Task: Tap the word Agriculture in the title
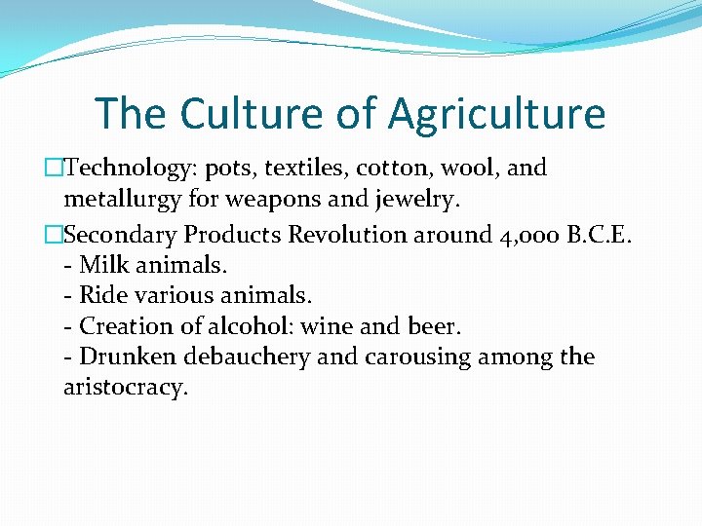(x=497, y=115)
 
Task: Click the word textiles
(x=307, y=168)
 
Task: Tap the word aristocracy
(x=124, y=388)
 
